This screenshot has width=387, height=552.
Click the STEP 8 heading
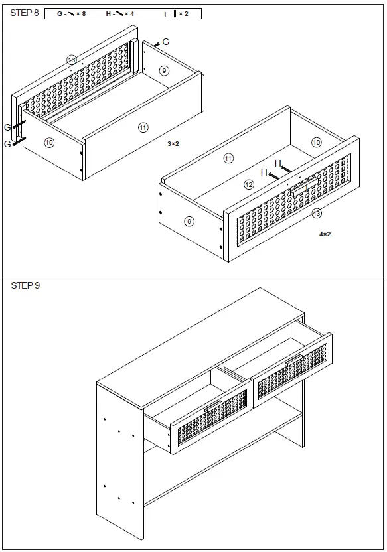point(25,13)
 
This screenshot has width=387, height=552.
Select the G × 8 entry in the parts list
point(71,13)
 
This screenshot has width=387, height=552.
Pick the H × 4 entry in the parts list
point(120,13)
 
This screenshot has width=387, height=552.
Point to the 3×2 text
point(174,143)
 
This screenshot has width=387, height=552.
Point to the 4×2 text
point(325,234)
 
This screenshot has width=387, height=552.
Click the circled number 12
point(249,184)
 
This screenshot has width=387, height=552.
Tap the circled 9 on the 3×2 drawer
point(164,70)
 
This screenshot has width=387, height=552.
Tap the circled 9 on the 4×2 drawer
point(189,221)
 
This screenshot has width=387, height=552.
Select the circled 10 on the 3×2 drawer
point(49,142)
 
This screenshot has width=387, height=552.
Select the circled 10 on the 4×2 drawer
point(317,142)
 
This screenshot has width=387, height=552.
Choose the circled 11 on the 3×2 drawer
point(143,127)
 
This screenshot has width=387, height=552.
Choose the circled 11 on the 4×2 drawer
point(228,158)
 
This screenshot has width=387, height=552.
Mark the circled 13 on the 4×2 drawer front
point(317,213)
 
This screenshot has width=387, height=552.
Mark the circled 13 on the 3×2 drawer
point(72,60)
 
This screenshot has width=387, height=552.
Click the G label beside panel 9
point(166,42)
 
